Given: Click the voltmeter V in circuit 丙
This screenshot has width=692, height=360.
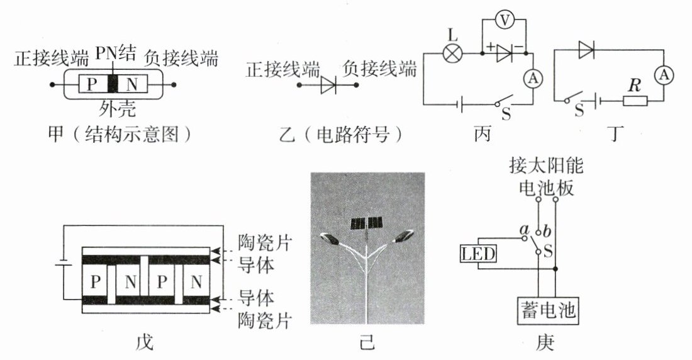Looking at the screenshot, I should pos(504,21).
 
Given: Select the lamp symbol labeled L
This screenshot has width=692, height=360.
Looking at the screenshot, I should pos(452,54).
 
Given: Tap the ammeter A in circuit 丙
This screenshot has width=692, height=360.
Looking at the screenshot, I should pos(533,78).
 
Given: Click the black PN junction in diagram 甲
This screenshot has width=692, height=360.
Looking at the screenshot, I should pos(113,84).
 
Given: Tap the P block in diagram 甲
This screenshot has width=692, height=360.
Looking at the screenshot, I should pos(93,84).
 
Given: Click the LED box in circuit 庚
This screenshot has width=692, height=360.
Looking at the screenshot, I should pos(479,254).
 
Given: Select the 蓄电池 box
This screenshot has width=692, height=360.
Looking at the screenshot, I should pos(548,310).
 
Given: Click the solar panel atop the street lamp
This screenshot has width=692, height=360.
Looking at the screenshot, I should pos(367,222).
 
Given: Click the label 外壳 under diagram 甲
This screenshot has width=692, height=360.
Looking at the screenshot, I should pos(114,108).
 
